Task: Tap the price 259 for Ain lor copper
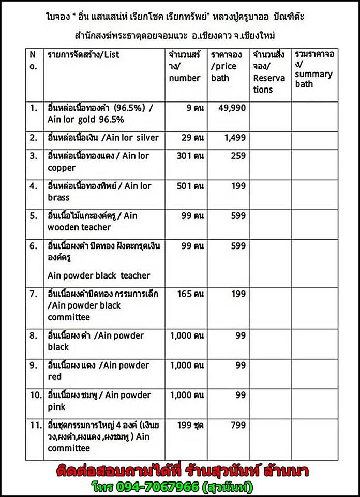click(238, 156)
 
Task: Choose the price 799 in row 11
click(237, 426)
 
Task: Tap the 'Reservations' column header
click(268, 72)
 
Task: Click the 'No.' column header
click(33, 60)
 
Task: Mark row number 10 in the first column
click(35, 396)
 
